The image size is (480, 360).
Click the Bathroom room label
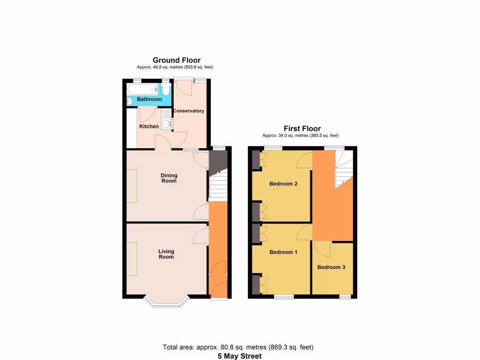coord(149,99)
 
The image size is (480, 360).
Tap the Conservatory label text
coord(188,111)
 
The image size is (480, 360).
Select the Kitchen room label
coord(149,127)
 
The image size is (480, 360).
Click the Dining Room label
coord(169,178)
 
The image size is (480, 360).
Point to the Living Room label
coord(166,254)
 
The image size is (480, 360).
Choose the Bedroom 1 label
coord(284,252)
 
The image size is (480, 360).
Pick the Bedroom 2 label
coord(284,184)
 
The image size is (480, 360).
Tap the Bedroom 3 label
coord(331,267)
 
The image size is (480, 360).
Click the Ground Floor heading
coord(176,60)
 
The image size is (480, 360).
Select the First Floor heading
coord(302,128)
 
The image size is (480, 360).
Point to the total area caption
coord(238,347)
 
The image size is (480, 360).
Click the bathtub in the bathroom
coord(143,89)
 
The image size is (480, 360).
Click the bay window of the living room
coord(166,303)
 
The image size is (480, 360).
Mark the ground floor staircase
coord(217,185)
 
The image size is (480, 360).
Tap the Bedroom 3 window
coord(345,297)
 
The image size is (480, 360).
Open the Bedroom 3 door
coord(323,248)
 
